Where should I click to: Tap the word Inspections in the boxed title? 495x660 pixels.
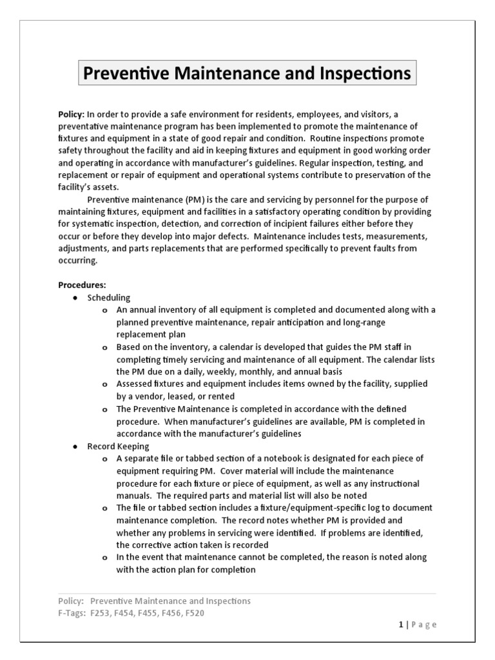[x=366, y=73]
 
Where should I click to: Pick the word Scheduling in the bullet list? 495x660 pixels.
[x=109, y=297]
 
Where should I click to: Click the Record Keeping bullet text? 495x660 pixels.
[x=119, y=445]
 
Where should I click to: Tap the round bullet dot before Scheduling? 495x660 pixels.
[x=75, y=298]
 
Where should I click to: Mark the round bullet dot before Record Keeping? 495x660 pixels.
[x=75, y=446]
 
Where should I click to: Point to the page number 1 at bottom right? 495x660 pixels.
[x=400, y=625]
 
